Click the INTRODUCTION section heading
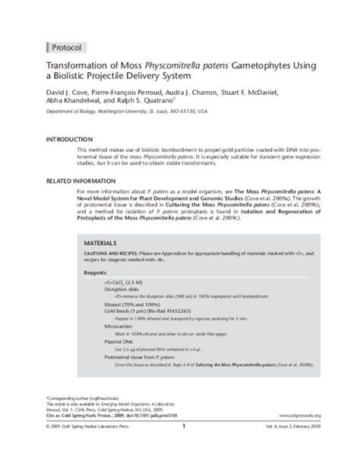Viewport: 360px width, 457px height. (46, 141)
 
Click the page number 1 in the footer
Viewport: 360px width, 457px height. (183, 446)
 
